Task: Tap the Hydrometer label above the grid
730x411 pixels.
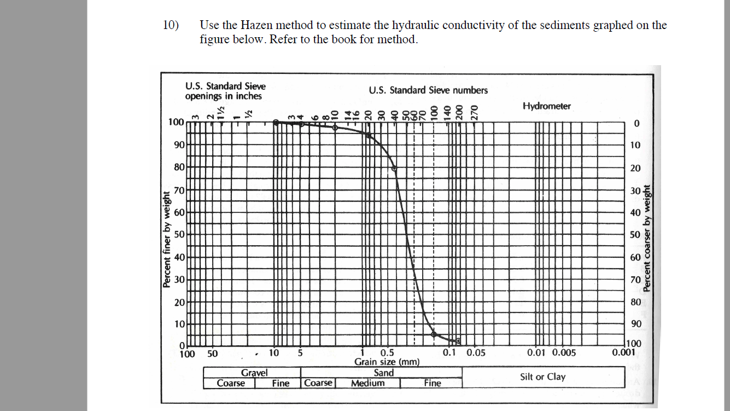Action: [546, 106]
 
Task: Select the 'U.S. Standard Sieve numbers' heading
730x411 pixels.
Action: [428, 90]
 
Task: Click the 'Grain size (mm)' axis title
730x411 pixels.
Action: [387, 362]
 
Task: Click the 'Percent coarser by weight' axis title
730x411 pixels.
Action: [647, 238]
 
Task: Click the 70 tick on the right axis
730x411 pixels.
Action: [635, 280]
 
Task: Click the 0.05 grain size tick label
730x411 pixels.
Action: [476, 353]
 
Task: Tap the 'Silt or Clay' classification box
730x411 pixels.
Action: [542, 377]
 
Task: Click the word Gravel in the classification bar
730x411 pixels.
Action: [254, 373]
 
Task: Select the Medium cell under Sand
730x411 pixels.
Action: [367, 383]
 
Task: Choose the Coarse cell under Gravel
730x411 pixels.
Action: [230, 383]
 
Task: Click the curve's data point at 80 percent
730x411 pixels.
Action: [395, 168]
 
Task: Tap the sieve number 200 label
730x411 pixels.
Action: [459, 112]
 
